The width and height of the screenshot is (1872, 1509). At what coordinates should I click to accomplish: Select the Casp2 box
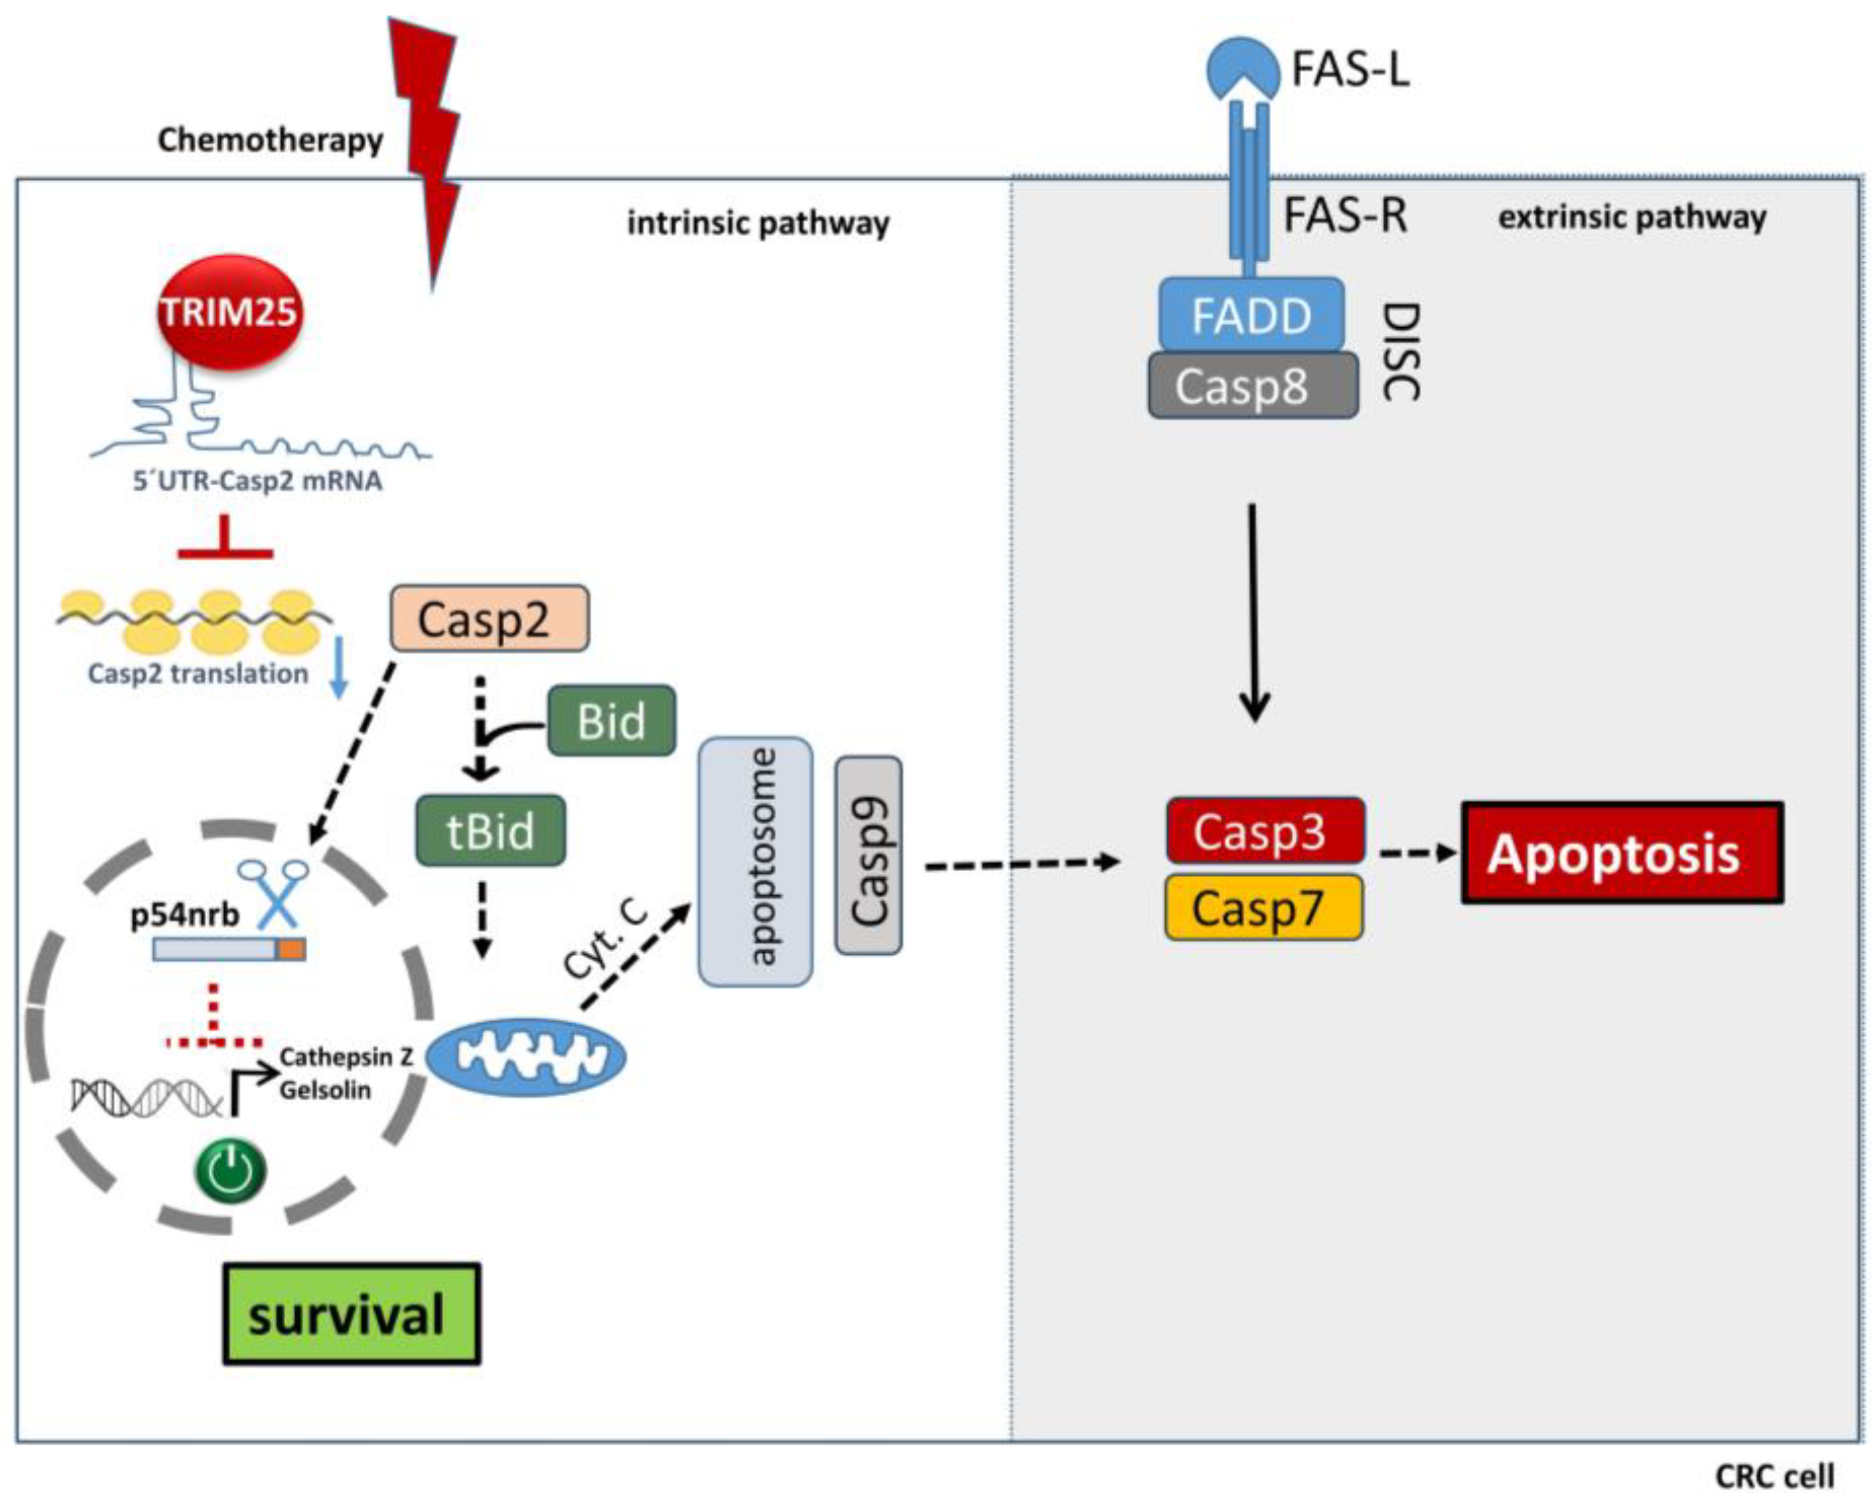point(489,619)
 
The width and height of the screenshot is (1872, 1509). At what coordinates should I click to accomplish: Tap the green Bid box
point(611,720)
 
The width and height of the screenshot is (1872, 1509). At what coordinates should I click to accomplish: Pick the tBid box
point(490,831)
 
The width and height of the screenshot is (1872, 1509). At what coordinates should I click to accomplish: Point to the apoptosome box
point(755,862)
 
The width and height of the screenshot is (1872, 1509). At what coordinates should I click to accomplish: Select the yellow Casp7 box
point(1263,908)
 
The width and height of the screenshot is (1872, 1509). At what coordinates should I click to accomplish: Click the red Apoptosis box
point(1622,854)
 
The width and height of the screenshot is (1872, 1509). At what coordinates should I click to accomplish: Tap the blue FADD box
point(1251,316)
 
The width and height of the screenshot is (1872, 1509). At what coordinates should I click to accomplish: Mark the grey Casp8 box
point(1253,386)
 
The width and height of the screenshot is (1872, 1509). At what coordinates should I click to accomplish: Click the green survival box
point(351,1314)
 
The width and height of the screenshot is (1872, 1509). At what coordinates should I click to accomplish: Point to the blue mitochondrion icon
point(526,1056)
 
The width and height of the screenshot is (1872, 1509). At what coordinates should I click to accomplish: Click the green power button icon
point(230,1171)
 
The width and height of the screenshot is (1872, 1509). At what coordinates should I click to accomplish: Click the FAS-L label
point(1350,70)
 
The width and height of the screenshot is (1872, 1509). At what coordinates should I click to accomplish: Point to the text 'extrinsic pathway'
point(1631,216)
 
